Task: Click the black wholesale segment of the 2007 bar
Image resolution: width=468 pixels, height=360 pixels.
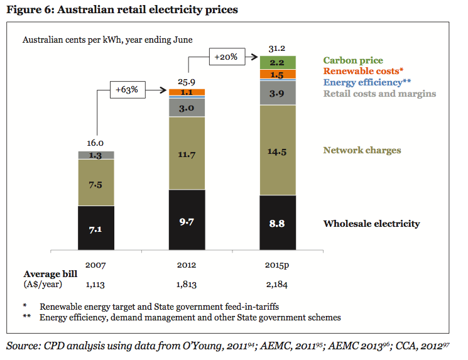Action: point(96,229)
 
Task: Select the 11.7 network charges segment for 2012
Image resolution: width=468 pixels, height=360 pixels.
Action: point(187,153)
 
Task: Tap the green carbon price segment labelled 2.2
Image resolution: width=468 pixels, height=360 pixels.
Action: point(278,62)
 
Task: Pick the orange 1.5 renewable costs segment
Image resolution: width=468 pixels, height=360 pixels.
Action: point(278,75)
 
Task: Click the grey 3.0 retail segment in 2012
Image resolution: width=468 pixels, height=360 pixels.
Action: point(187,107)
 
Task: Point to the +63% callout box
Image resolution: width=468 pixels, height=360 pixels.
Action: point(126,90)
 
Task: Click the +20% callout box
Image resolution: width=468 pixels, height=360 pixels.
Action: point(225,57)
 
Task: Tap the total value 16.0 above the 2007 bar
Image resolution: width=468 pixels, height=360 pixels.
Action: point(96,143)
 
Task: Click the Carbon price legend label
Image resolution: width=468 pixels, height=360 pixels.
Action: point(352,60)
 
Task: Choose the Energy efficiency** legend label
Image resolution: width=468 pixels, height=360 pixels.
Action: point(367,82)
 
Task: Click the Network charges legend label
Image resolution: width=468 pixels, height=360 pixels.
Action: point(362,150)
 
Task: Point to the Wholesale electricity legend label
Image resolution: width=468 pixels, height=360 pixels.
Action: point(371,224)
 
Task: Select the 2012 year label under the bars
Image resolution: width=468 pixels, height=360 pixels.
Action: point(187,264)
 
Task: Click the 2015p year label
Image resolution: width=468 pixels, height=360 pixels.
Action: point(278,264)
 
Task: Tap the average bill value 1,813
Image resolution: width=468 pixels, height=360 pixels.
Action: point(187,285)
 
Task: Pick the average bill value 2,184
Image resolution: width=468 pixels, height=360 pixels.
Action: point(278,285)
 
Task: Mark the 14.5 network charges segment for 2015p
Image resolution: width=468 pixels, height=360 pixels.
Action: point(278,150)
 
